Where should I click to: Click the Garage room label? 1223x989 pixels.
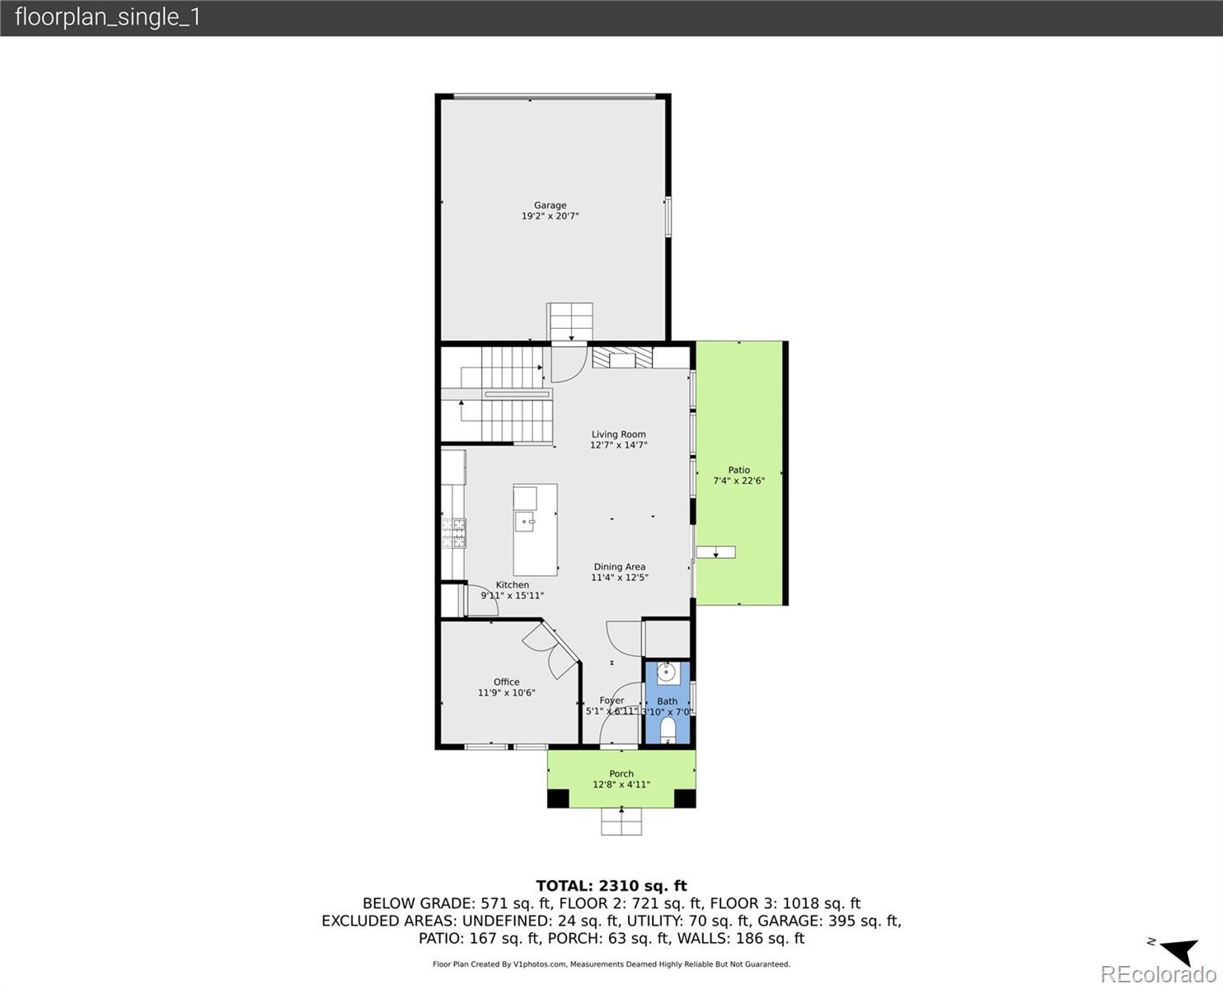pyautogui.click(x=550, y=205)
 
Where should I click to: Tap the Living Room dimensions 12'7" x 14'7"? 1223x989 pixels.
pyautogui.click(x=618, y=445)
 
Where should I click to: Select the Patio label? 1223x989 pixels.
pyautogui.click(x=739, y=470)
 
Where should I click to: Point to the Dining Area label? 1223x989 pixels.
pyautogui.click(x=620, y=566)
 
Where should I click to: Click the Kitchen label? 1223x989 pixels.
pyautogui.click(x=512, y=584)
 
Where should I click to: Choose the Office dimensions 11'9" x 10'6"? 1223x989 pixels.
pyautogui.click(x=507, y=693)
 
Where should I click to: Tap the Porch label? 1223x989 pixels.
pyautogui.click(x=621, y=774)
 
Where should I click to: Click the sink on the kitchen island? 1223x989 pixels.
pyautogui.click(x=525, y=522)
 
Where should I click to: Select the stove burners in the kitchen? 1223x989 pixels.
pyautogui.click(x=453, y=533)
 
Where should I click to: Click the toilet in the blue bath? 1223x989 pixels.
pyautogui.click(x=668, y=731)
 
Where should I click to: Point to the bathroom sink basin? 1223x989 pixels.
pyautogui.click(x=667, y=673)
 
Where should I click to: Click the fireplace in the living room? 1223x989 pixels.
pyautogui.click(x=622, y=358)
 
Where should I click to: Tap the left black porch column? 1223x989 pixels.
pyautogui.click(x=558, y=799)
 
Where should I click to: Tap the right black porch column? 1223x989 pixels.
pyautogui.click(x=685, y=799)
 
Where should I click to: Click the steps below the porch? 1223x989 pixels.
pyautogui.click(x=621, y=822)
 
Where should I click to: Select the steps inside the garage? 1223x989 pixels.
pyautogui.click(x=569, y=322)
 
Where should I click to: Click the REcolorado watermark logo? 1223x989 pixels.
pyautogui.click(x=1158, y=974)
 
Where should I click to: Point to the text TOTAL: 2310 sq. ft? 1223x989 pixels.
pyautogui.click(x=611, y=886)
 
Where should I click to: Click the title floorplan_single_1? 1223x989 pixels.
pyautogui.click(x=107, y=17)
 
